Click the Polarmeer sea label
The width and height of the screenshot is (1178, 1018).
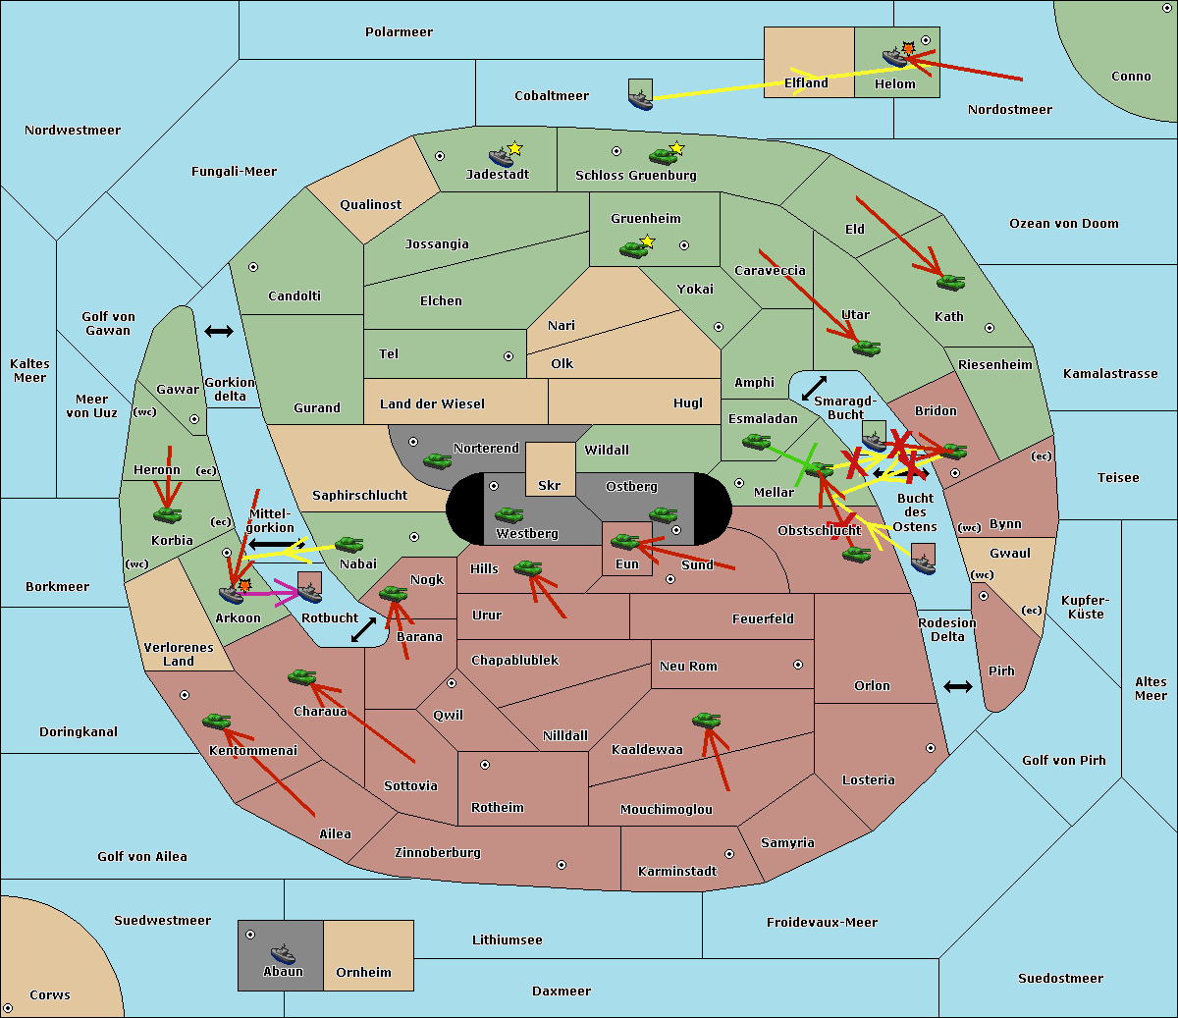(x=399, y=32)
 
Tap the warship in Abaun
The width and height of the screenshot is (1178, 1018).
(x=284, y=953)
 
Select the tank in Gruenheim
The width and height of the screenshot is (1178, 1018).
(x=633, y=249)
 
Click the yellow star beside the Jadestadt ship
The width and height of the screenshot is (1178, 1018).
(x=514, y=148)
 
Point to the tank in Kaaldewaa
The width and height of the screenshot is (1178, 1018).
(x=706, y=720)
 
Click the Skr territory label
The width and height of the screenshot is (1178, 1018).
(x=550, y=485)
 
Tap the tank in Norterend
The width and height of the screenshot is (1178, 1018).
(x=437, y=460)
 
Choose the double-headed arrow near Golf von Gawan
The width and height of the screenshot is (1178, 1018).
(x=219, y=331)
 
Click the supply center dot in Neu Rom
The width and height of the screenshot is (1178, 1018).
(x=798, y=665)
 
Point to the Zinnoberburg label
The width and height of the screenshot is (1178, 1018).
(x=438, y=853)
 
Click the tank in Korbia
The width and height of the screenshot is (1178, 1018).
(x=168, y=514)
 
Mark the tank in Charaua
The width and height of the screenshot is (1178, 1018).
(x=302, y=676)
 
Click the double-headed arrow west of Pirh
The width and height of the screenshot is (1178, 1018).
(x=958, y=686)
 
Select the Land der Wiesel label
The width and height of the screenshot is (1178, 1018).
(x=432, y=404)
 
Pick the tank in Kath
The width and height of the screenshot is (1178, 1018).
(x=950, y=282)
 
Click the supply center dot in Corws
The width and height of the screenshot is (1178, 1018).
(x=8, y=1008)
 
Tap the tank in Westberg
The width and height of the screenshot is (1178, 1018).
(x=509, y=514)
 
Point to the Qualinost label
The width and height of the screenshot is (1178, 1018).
(x=370, y=204)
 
